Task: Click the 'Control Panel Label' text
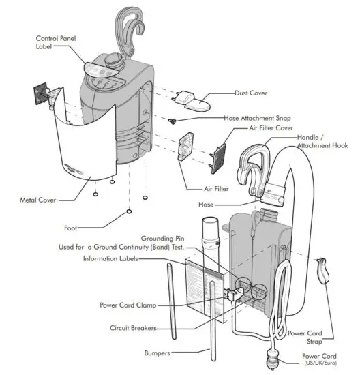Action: click(x=50, y=42)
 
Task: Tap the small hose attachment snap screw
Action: click(x=175, y=121)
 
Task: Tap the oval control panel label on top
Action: click(x=101, y=68)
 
